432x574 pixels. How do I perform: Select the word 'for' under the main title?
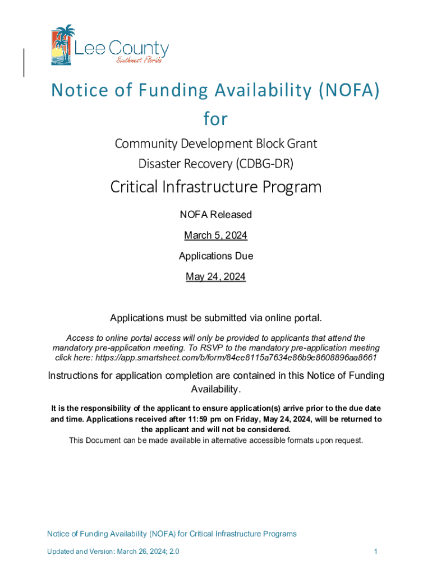click(x=215, y=119)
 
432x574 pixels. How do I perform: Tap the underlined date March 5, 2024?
click(x=215, y=235)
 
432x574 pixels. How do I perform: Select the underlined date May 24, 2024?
click(x=215, y=277)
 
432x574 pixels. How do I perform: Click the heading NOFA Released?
click(x=215, y=215)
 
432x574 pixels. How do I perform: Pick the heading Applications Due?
click(x=215, y=256)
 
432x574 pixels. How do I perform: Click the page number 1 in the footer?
click(x=375, y=552)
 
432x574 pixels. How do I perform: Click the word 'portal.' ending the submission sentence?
click(x=307, y=318)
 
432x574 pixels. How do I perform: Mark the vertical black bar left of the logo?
click(x=24, y=62)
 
